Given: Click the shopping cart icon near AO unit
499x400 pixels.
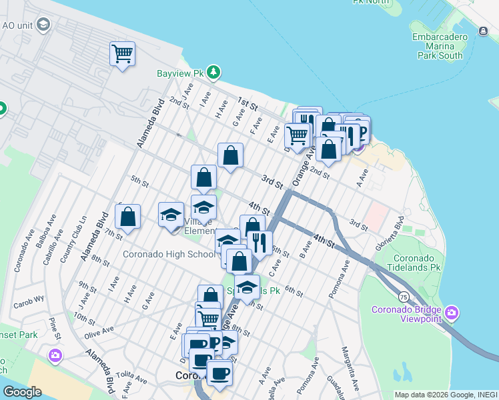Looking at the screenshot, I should coord(122,53).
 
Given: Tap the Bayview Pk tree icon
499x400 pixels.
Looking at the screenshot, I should coord(213,71).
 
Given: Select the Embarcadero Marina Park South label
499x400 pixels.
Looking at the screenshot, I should coord(437,46).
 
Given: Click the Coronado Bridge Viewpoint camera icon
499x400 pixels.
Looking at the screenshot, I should coord(452,313).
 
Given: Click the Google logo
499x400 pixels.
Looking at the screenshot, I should coord(21,392).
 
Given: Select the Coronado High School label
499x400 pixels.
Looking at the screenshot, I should coord(169,254).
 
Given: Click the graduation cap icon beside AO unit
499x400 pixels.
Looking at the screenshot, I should coord(43,25).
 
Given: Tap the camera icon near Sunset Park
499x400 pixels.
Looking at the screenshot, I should coord(55,354).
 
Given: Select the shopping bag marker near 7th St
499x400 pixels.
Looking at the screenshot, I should coord(127,217).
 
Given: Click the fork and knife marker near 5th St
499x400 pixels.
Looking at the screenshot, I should coord(259,243).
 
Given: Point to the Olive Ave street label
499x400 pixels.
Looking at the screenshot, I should coord(98,329).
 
